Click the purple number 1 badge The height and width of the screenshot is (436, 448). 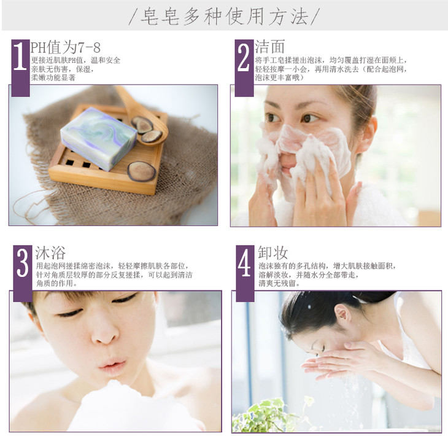pos(21,68)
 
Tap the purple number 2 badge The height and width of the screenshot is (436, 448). pos(244,68)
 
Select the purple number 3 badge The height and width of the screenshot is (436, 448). pos(23,273)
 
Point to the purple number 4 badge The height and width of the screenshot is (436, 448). pos(245,273)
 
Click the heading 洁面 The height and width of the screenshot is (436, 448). pos(269,47)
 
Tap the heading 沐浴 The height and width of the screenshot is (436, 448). pos(50,253)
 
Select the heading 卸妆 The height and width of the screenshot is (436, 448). pos(273,253)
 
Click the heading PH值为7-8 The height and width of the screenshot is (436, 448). pos(66,47)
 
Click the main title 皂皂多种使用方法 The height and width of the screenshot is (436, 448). pos(224,17)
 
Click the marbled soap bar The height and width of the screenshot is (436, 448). pos(99,138)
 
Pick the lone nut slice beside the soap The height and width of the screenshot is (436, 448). pos(141,171)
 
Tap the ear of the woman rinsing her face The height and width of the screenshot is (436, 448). pos(342,315)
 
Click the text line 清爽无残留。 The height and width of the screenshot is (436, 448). pos(279,284)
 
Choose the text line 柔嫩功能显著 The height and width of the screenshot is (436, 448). pos(53,78)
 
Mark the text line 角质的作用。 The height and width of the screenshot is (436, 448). pos(57,284)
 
